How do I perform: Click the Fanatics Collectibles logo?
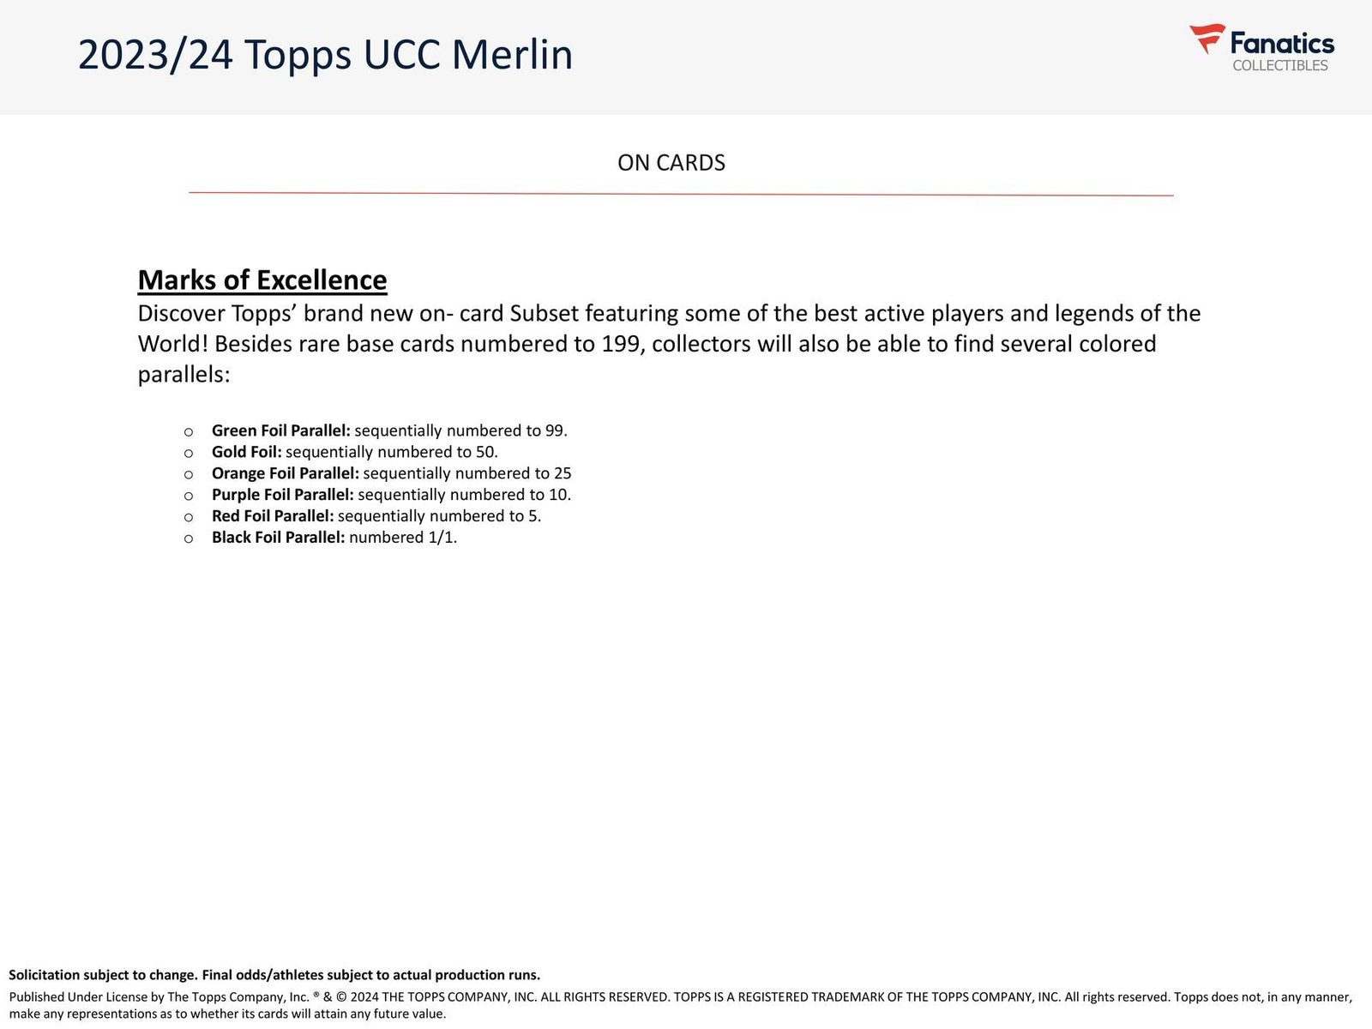[x=1261, y=49]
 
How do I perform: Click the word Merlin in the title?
[x=512, y=55]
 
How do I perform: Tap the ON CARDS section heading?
[x=671, y=163]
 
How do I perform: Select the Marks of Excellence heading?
[x=262, y=280]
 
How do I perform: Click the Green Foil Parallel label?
[x=280, y=430]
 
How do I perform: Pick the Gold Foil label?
[x=246, y=452]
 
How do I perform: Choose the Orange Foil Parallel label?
[x=285, y=473]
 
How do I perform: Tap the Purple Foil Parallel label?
[x=282, y=495]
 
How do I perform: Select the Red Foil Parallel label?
[x=272, y=516]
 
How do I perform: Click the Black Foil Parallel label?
[x=278, y=538]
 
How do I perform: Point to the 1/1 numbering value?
[x=442, y=538]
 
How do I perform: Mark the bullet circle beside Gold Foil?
[x=189, y=453]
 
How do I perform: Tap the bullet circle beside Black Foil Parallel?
[x=189, y=539]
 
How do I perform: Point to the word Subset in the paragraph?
[x=545, y=314]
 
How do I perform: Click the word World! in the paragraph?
[x=173, y=344]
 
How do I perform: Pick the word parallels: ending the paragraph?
[x=184, y=375]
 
